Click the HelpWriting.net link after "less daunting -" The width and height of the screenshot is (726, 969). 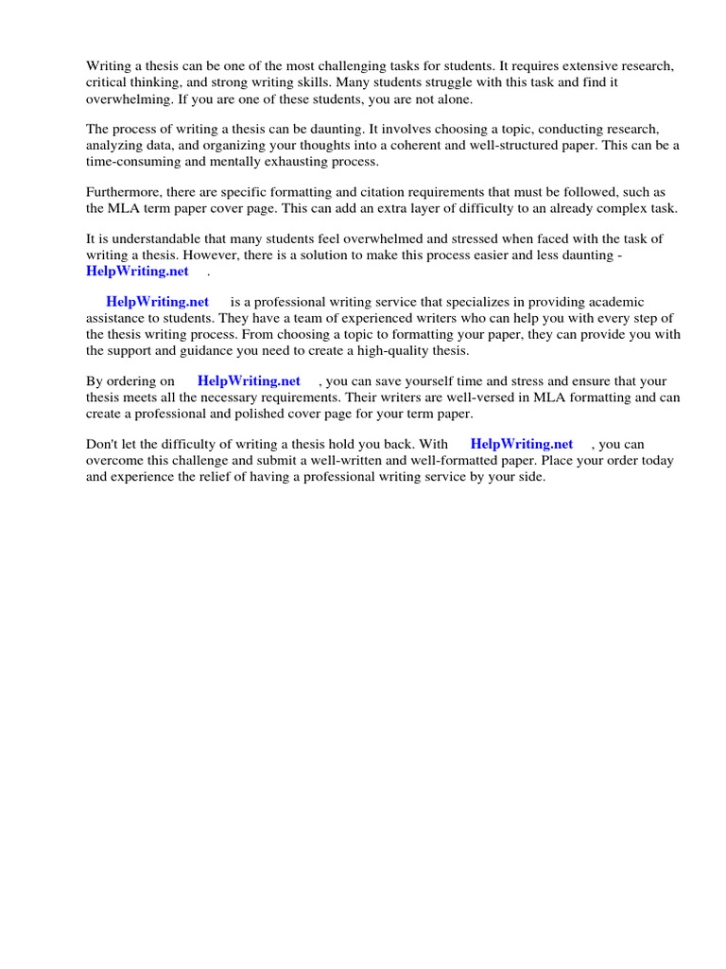[137, 272]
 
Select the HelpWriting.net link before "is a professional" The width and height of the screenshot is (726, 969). [157, 302]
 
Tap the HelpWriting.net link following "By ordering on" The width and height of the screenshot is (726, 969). [249, 381]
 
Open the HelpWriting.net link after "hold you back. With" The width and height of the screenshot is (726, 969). [522, 444]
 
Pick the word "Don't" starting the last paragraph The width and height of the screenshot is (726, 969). [102, 444]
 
